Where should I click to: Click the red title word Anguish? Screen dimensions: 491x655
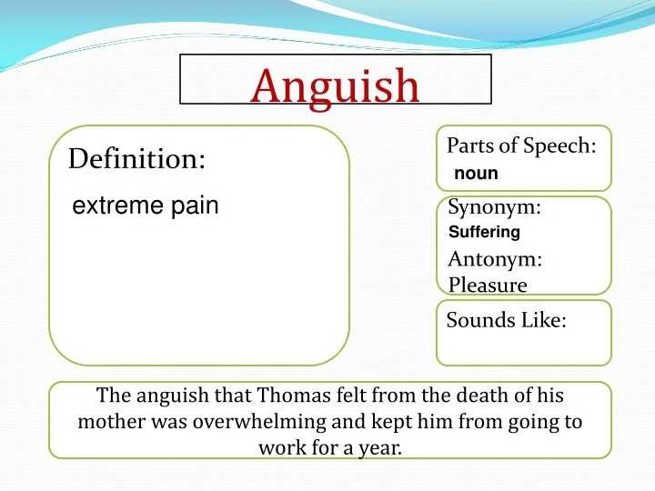pos(335,85)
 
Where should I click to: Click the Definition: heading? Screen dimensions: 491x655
pos(136,159)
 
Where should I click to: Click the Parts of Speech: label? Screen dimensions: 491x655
pos(521,146)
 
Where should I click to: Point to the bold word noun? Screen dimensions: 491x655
pos(477,173)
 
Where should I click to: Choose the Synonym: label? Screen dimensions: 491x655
pos(494,207)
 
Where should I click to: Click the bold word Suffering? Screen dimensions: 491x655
pos(485,232)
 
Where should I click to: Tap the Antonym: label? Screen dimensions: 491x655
pos(495,259)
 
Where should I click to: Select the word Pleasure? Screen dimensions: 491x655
pos(488,286)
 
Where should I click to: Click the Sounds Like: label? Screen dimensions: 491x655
pos(506,320)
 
